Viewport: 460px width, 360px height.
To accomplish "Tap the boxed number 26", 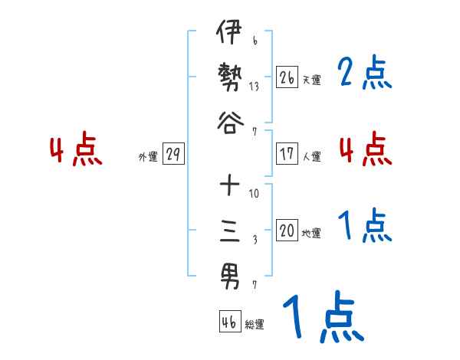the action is tap(287, 77).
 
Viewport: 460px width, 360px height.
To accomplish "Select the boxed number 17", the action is tap(287, 154).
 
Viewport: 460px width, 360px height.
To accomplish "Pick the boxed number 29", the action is tap(172, 154).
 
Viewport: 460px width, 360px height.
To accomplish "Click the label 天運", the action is tap(311, 79).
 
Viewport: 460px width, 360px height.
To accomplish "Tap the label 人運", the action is tap(311, 156).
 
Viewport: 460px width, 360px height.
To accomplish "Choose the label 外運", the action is tap(147, 156).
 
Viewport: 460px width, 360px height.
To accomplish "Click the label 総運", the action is tap(255, 325).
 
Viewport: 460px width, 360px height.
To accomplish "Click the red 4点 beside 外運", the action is tap(75, 150).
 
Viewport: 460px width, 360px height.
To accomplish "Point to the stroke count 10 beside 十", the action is tap(254, 193).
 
